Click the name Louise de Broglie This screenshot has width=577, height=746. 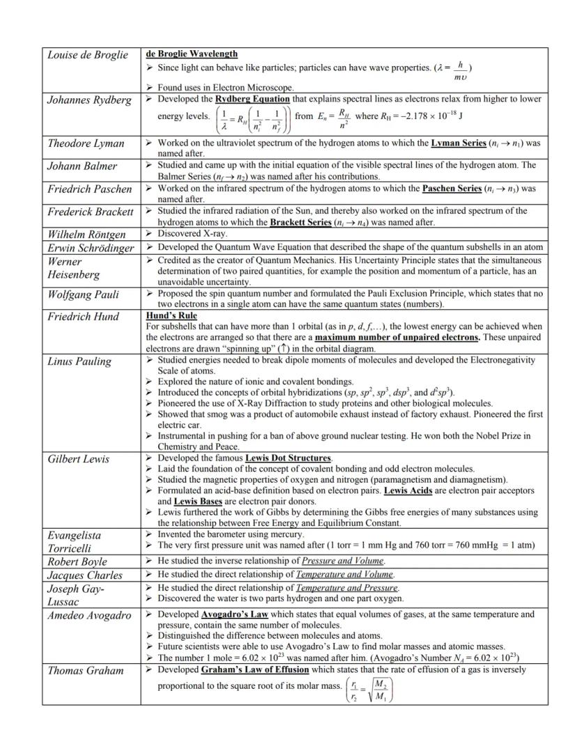87,55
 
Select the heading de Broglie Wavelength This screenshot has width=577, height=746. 191,54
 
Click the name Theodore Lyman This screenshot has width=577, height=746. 86,143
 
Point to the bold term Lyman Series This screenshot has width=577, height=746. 458,143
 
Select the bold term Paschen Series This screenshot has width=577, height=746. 452,189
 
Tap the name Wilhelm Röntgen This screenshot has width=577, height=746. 86,234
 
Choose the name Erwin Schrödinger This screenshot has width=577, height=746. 91,247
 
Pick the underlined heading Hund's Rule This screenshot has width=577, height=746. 167,316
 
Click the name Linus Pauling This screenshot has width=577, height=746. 79,361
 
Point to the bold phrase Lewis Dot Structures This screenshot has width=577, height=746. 288,458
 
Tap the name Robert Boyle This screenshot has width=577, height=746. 77,561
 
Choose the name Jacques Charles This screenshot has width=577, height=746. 85,575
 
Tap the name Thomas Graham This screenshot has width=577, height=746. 85,671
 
